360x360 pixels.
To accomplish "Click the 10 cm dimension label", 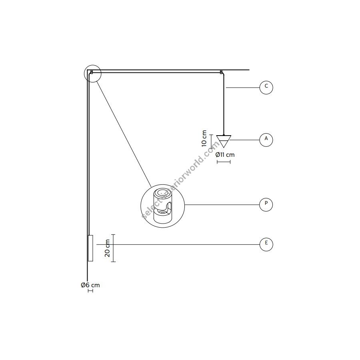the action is (x=204, y=138).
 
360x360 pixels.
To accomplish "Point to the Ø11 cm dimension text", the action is (x=225, y=155).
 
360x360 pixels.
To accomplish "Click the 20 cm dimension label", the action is (x=107, y=248).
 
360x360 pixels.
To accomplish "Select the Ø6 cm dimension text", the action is (x=90, y=285).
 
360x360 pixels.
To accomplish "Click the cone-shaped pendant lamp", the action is (x=224, y=141).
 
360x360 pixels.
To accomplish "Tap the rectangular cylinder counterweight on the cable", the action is (x=90, y=248).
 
